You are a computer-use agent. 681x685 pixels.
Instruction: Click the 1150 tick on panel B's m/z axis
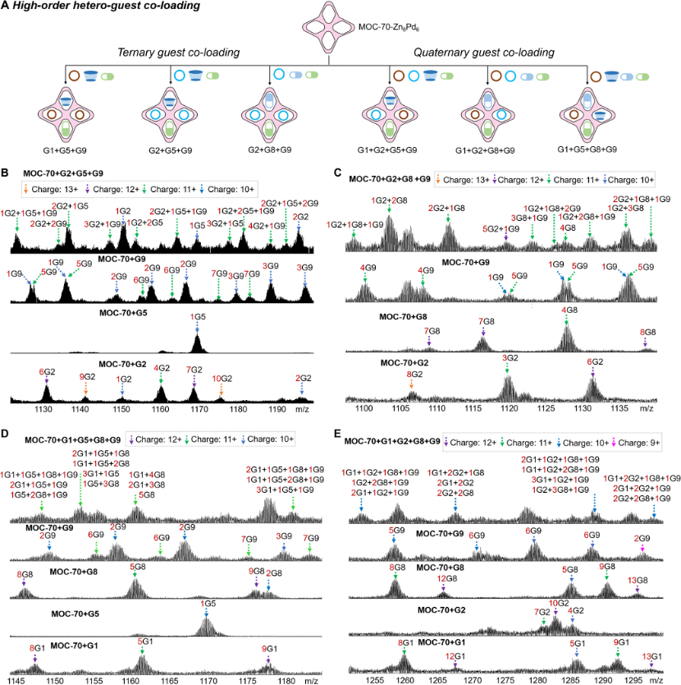[122, 408]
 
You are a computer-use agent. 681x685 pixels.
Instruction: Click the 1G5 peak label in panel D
[208, 604]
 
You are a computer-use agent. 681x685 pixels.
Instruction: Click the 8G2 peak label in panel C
[416, 375]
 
